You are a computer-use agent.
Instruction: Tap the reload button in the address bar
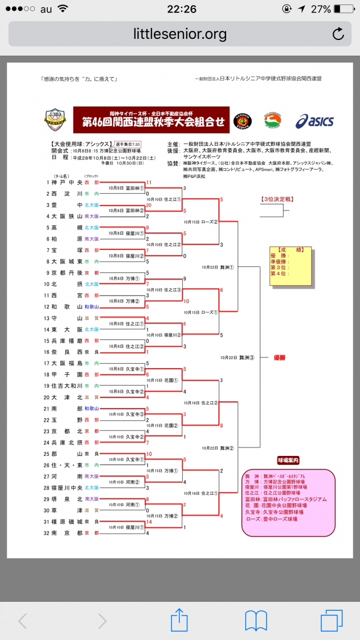coord(338,34)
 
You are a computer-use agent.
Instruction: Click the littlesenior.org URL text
coord(180,34)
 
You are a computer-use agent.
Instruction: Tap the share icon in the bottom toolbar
coord(179,620)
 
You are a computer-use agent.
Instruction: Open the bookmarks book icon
coord(255,620)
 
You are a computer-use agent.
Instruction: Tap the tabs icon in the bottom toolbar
coord(331,620)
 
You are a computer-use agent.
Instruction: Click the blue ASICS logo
coord(314,120)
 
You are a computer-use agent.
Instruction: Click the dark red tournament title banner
coord(151,119)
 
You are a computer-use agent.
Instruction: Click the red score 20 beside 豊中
coord(148,205)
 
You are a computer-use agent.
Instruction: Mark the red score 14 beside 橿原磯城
coord(148,522)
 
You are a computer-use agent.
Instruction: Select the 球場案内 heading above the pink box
coord(288,460)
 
